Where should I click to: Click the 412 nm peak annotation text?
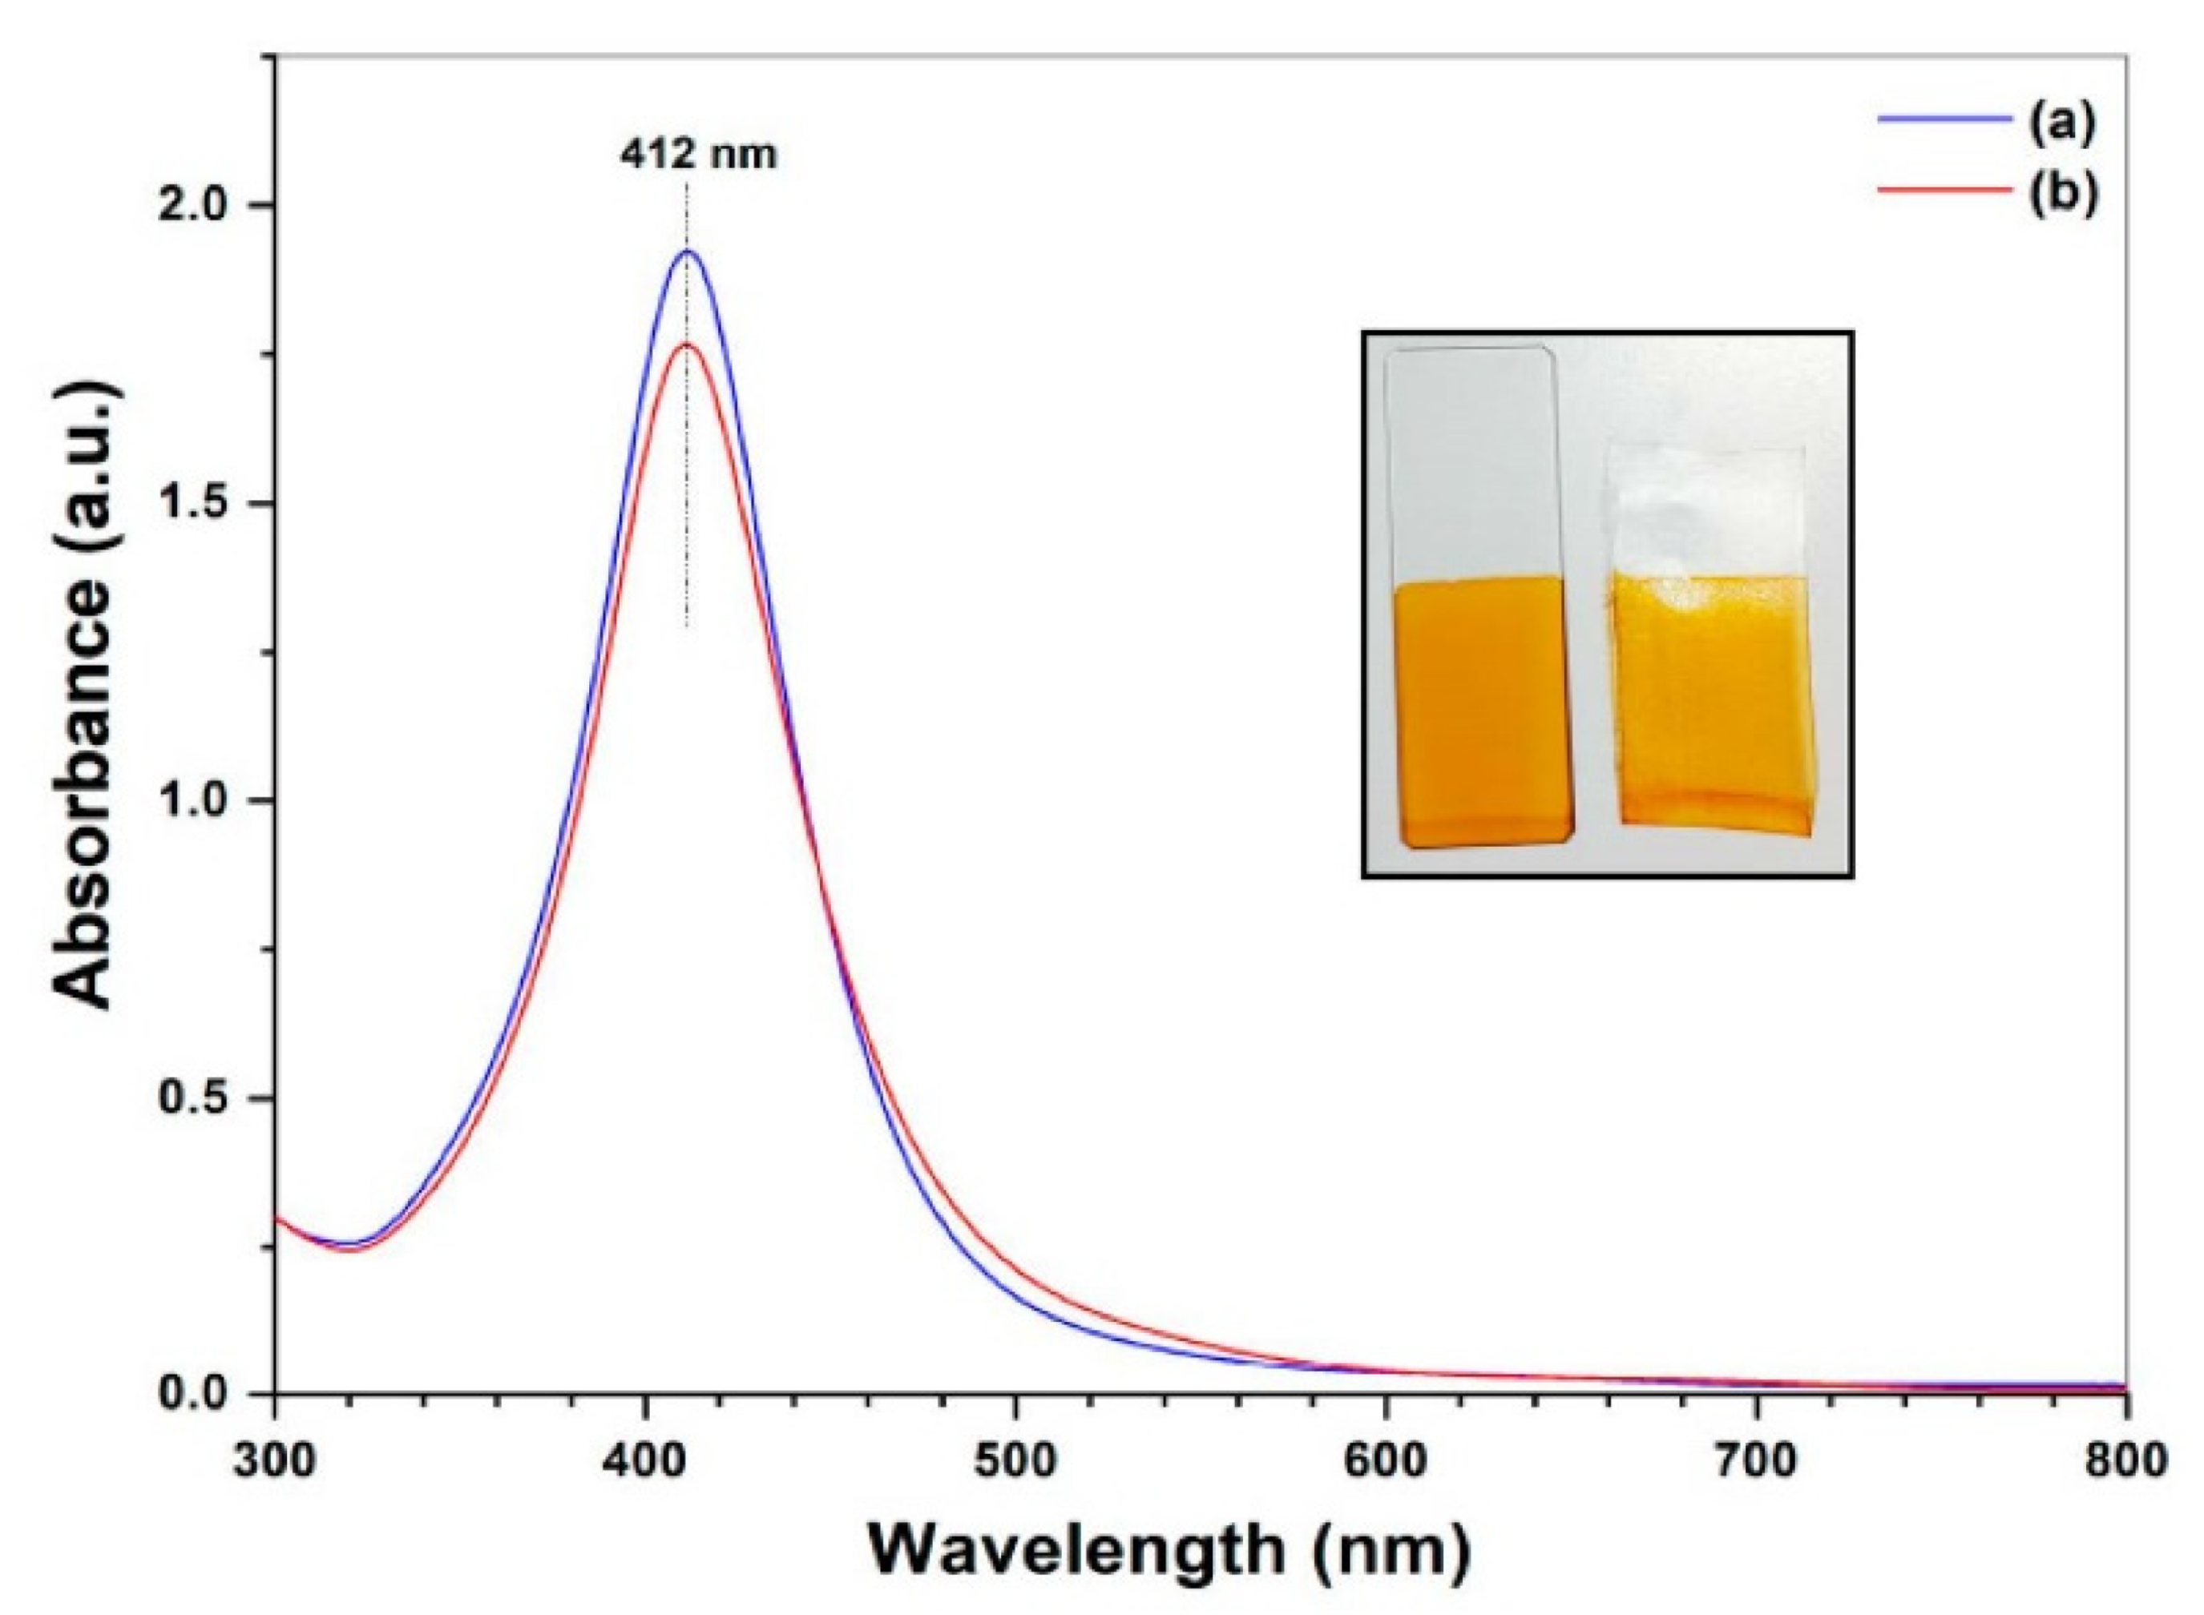(698, 155)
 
